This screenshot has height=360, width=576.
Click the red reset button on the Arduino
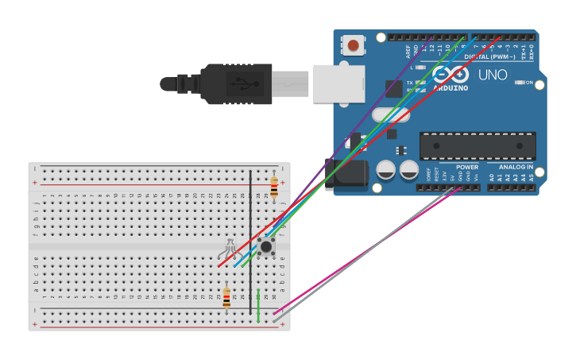point(353,45)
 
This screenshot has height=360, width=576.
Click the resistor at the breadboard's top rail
point(274,186)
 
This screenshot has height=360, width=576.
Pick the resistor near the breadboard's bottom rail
point(226,298)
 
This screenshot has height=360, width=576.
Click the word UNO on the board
point(492,75)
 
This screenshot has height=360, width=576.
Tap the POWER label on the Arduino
point(467,168)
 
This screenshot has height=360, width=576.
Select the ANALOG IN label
point(516,168)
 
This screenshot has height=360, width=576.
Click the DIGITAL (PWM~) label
point(489,57)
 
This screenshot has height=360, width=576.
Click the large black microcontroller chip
point(477,145)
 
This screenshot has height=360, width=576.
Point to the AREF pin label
point(408,52)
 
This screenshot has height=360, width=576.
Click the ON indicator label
point(529,82)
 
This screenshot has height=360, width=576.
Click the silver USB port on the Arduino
point(338,83)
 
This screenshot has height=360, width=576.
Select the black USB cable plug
point(238,83)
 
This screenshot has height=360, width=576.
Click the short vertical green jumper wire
point(258,306)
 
